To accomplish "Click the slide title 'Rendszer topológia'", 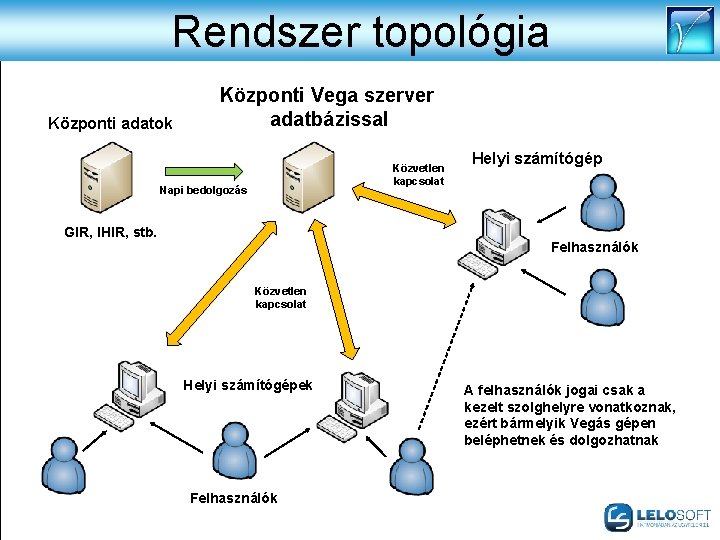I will [360, 31].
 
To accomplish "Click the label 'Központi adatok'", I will [110, 124].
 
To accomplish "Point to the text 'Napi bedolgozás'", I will [203, 190].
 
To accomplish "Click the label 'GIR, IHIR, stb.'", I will [110, 233].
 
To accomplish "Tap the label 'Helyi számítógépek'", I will [248, 385].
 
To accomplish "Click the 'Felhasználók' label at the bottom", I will [233, 498].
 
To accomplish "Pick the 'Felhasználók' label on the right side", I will [594, 246].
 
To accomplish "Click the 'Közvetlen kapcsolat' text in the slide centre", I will [280, 297].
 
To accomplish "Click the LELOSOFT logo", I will [657, 516].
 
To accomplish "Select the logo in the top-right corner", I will [690, 30].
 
